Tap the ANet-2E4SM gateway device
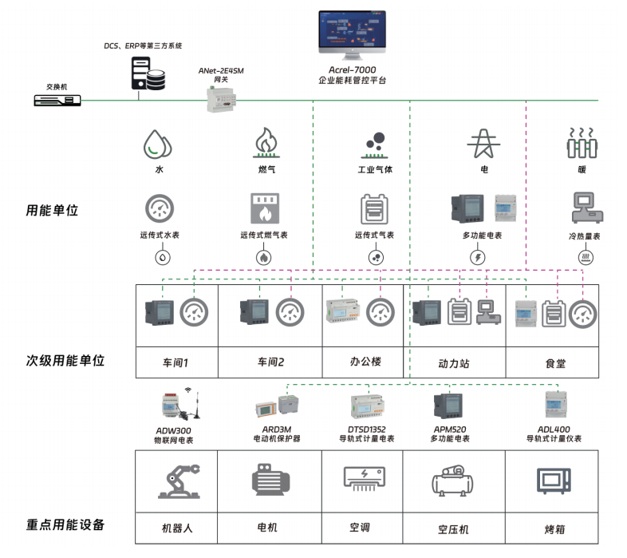(222, 97)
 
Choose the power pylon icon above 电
(482, 144)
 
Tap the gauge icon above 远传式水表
(159, 210)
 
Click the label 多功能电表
(482, 236)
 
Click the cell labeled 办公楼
(365, 362)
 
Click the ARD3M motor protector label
(276, 433)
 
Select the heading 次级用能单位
(65, 361)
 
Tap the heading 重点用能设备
(65, 525)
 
